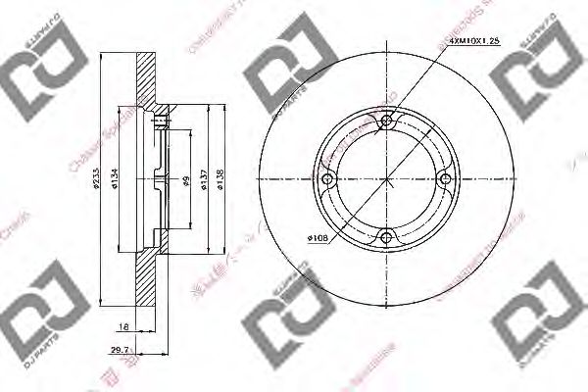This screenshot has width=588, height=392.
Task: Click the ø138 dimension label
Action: coord(221,178)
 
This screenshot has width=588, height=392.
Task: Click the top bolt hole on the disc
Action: coord(386,122)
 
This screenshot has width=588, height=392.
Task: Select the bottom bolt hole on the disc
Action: coord(386,235)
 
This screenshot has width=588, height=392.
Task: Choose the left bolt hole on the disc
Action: coord(329,179)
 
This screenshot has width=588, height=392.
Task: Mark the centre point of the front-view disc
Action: coord(386,179)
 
